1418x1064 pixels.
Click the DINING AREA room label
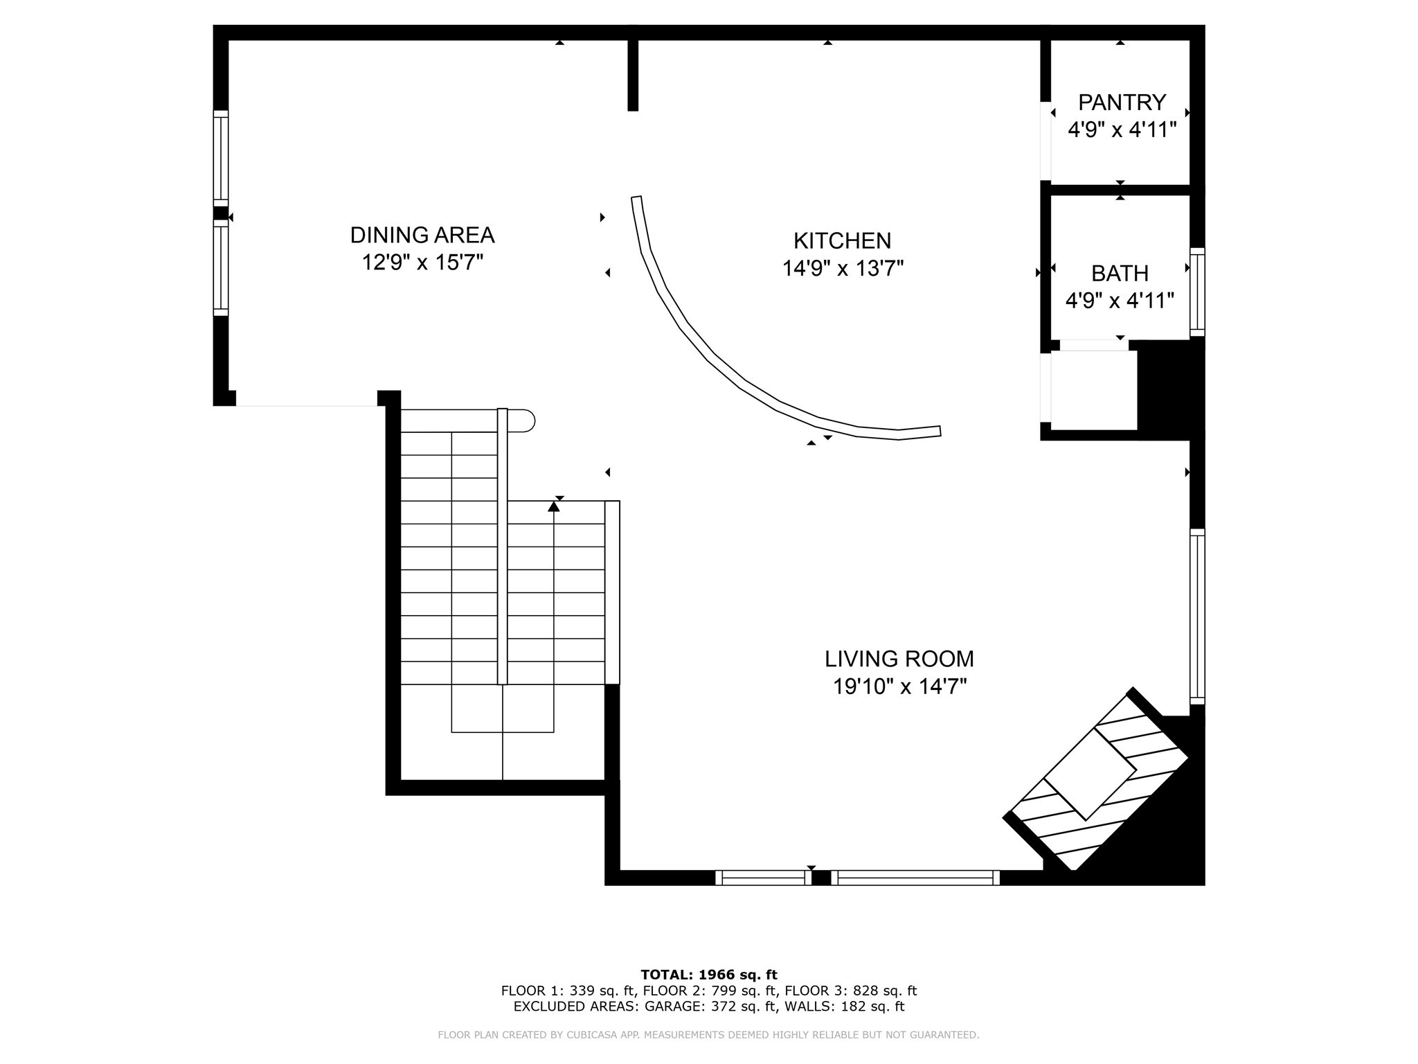[x=422, y=236]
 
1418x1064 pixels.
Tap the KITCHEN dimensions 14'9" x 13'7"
[x=843, y=269]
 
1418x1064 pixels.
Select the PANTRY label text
[x=1122, y=103]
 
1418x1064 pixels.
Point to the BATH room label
[x=1120, y=274]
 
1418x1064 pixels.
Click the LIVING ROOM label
[x=899, y=658]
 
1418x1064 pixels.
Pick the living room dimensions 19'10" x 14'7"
[x=899, y=686]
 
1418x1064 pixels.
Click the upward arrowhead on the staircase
[x=553, y=507]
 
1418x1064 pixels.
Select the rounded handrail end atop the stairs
[x=526, y=420]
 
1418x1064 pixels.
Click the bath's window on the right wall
[x=1197, y=292]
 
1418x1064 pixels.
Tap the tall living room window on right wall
[x=1197, y=617]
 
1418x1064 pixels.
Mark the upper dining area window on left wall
[x=220, y=158]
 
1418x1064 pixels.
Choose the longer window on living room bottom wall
[x=915, y=878]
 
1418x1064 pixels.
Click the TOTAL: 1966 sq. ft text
[x=709, y=975]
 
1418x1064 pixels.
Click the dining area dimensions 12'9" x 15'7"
[x=422, y=263]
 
